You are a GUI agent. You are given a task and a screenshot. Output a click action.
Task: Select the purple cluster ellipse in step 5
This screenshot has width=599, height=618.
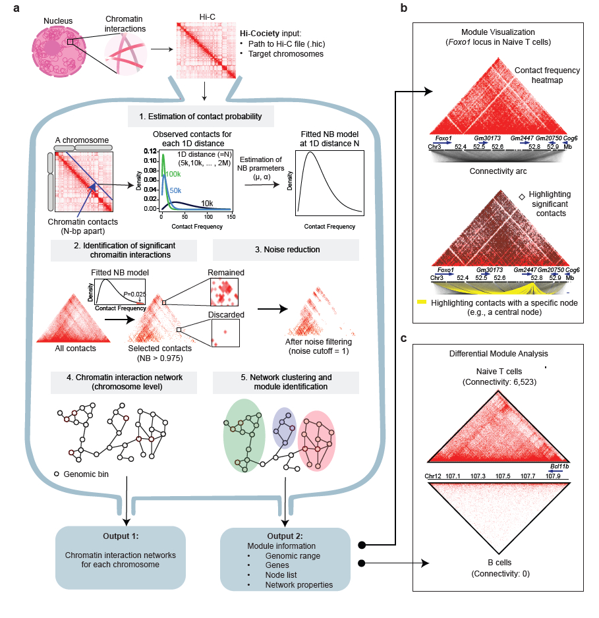(287, 428)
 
